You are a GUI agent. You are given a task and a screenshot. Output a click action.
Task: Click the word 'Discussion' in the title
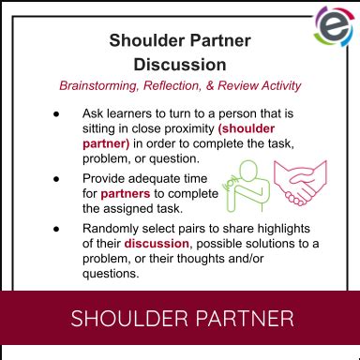(x=180, y=65)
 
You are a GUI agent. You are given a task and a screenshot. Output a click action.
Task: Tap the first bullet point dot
(x=57, y=113)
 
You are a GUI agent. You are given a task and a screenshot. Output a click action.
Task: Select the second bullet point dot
(x=57, y=177)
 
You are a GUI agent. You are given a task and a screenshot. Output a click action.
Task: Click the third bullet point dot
(x=57, y=228)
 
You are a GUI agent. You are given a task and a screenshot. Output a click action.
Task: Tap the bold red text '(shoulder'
(x=247, y=129)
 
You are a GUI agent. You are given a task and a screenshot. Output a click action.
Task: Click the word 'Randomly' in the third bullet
(x=112, y=228)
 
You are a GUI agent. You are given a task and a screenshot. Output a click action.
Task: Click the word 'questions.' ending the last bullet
(x=112, y=275)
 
